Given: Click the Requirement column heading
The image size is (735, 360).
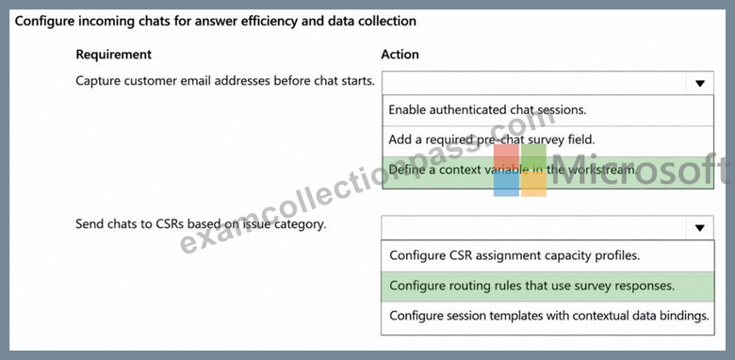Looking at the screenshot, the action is pyautogui.click(x=113, y=55).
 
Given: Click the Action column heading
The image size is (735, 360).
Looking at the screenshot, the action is pyautogui.click(x=400, y=55).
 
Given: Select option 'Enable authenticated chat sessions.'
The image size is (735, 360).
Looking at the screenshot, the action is pyautogui.click(x=487, y=109).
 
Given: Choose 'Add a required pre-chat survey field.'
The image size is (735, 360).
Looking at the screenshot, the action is pyautogui.click(x=492, y=139).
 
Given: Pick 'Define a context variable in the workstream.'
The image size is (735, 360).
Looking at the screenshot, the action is pyautogui.click(x=513, y=170).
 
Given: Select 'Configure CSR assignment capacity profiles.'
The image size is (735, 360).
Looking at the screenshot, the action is pyautogui.click(x=514, y=255).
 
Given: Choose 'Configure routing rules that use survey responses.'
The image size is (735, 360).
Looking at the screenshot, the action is pyautogui.click(x=532, y=286).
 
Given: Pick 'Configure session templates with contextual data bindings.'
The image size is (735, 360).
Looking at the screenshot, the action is pyautogui.click(x=549, y=316).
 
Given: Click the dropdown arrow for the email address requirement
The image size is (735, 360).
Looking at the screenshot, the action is pyautogui.click(x=700, y=84).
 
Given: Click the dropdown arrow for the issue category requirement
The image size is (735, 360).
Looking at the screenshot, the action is pyautogui.click(x=700, y=228).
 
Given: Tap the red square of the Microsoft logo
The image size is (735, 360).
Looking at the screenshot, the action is pyautogui.click(x=506, y=156).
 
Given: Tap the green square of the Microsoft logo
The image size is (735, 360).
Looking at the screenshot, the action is pyautogui.click(x=533, y=156).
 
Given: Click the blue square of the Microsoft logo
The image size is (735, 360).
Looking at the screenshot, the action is pyautogui.click(x=506, y=184).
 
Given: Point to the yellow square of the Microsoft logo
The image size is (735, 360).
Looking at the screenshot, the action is pyautogui.click(x=533, y=184).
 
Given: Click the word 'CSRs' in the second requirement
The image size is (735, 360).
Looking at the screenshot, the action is pyautogui.click(x=170, y=224).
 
